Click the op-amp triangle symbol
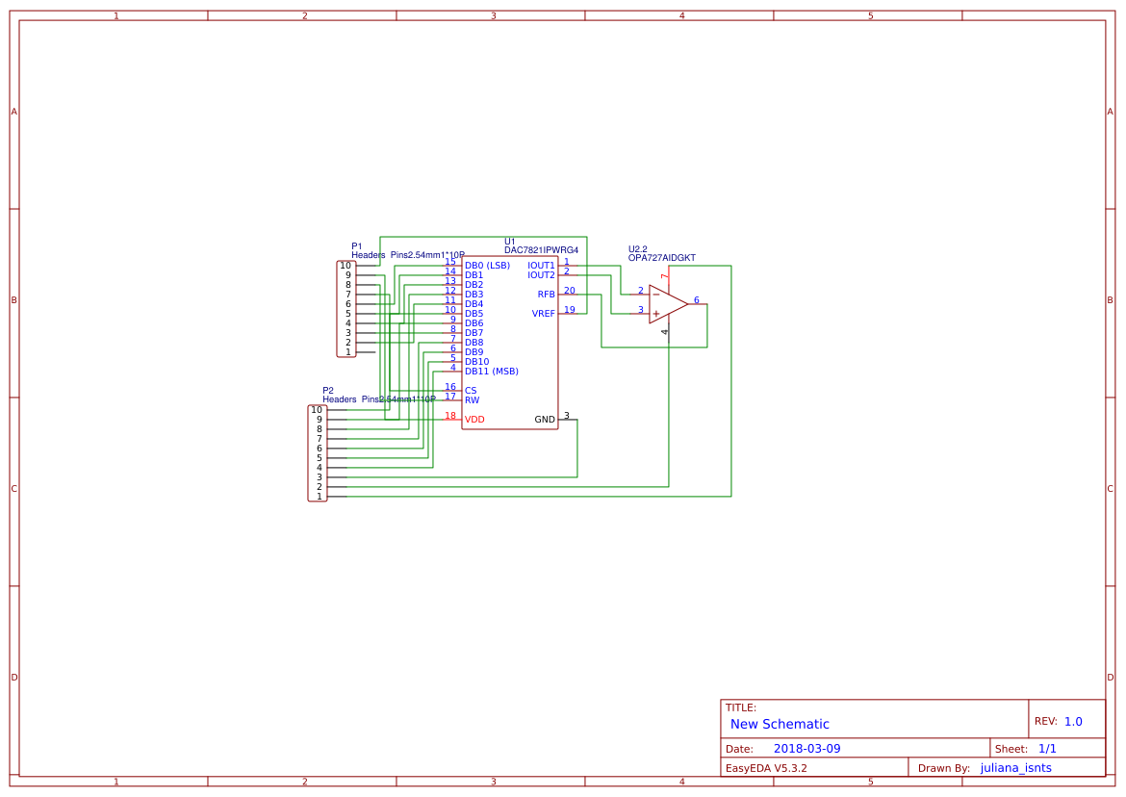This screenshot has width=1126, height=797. pos(666,304)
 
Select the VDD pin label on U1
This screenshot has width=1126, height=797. pos(474,420)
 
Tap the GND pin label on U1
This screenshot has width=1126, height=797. pos(545,420)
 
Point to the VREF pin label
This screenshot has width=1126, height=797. pos(543,314)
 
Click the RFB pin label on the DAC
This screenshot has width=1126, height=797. pos(546,295)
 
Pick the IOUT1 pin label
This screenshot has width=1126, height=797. pos(541,266)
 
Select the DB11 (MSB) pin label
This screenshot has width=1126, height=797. pos(491,372)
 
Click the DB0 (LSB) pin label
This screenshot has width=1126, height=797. pos(487,266)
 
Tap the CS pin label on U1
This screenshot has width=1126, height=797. pos(471,391)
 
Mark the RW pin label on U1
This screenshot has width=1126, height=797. pos(472,400)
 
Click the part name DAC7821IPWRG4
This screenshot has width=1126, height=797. pos(541,250)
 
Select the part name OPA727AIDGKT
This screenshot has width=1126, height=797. pos(661,258)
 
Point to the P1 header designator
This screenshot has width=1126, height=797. pos(357,246)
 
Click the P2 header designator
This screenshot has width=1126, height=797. pos(328,391)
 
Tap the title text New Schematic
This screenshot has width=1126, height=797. pos(780,724)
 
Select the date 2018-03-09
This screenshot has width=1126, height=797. pos(806,749)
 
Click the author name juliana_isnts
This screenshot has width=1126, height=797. pos(1015,768)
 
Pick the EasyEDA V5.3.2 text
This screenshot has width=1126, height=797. pos(766,768)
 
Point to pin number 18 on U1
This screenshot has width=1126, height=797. pos(450,416)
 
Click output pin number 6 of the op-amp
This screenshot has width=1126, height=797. pos(696,300)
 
